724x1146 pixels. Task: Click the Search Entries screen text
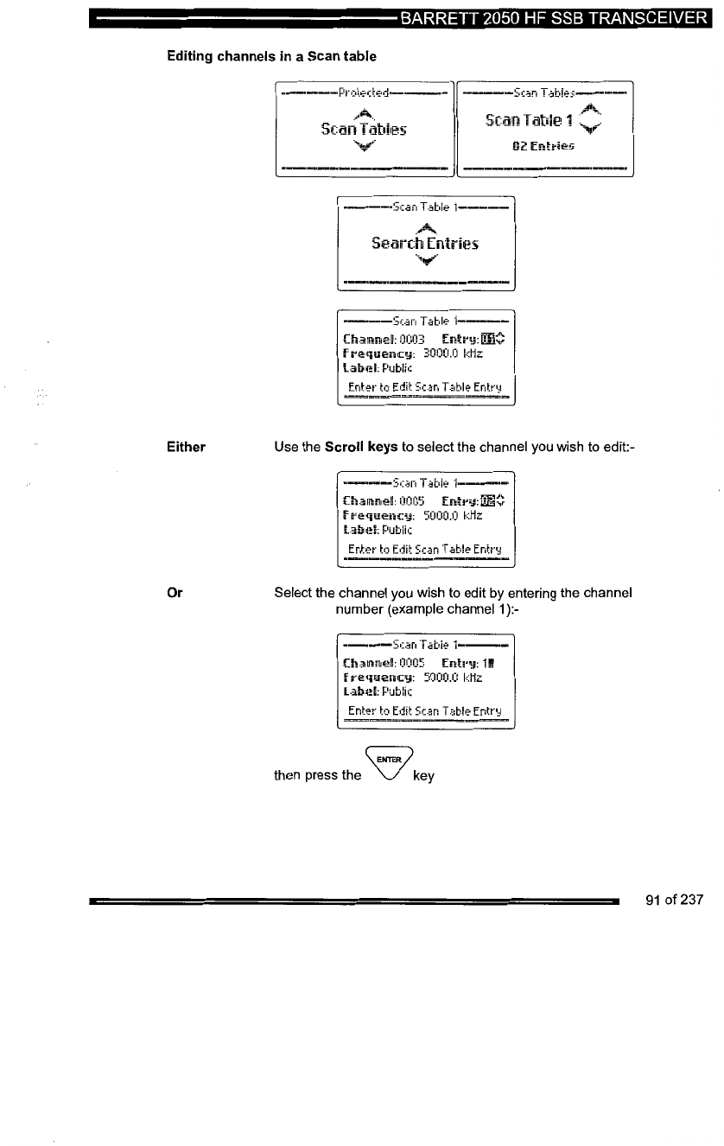pyautogui.click(x=424, y=244)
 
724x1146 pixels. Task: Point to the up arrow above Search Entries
pyautogui.click(x=424, y=226)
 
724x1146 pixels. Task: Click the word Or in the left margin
pyautogui.click(x=174, y=592)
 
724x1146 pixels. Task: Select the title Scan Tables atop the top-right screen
pyautogui.click(x=543, y=92)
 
